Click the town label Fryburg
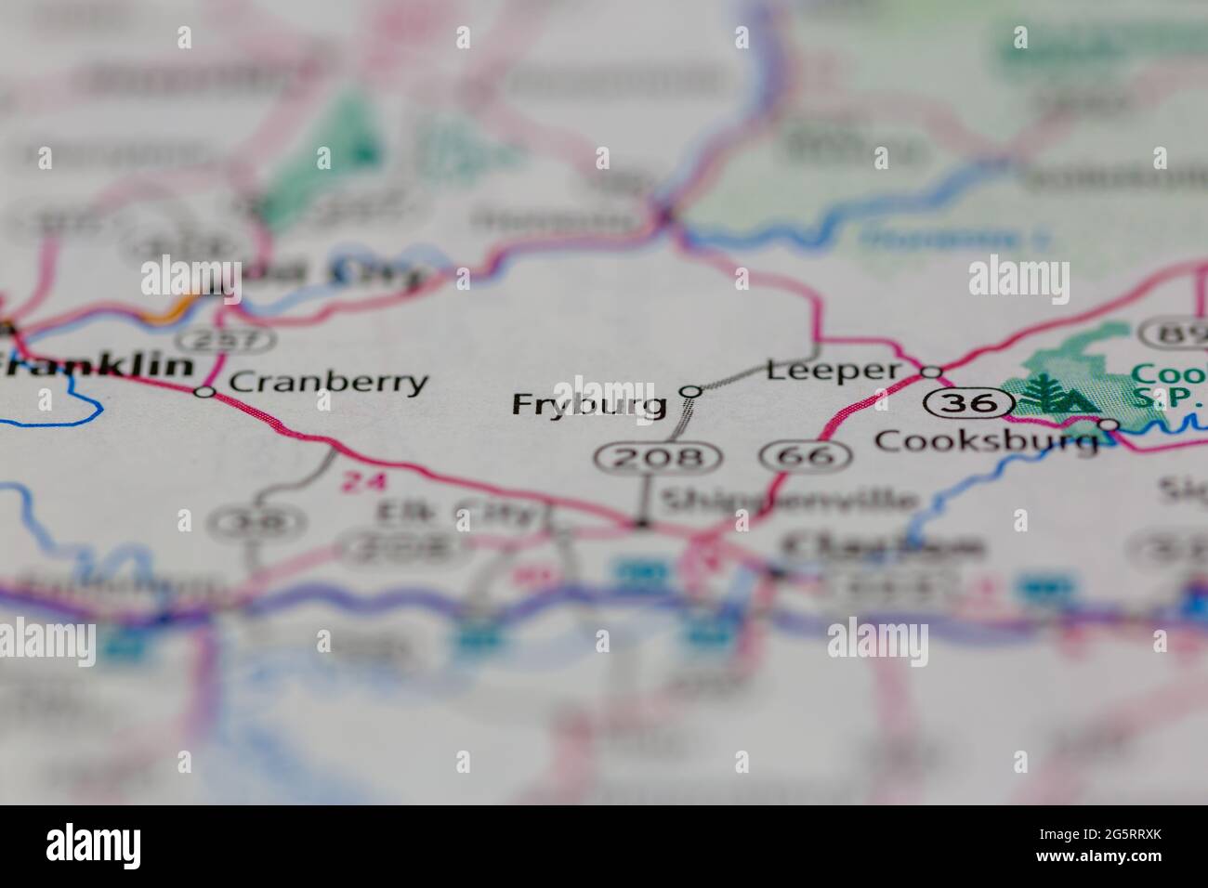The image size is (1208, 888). (x=590, y=404)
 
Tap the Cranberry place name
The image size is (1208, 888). (x=328, y=382)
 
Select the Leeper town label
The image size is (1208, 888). (x=834, y=370)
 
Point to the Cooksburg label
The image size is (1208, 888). (x=986, y=439)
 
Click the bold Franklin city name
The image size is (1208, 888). (x=98, y=365)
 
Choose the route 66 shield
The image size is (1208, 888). (x=806, y=455)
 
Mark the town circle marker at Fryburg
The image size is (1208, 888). (x=689, y=391)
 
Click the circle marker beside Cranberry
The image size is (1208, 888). (x=205, y=392)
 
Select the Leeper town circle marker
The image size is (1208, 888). (x=931, y=372)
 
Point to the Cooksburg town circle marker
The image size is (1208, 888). (x=1109, y=424)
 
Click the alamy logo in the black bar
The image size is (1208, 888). (x=94, y=846)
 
